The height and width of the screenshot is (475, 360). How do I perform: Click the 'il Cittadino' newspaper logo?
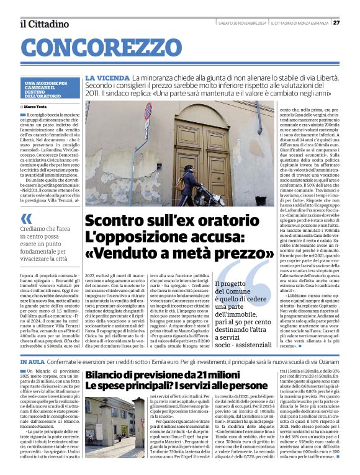pos(44,24)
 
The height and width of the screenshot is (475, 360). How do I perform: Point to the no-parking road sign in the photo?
pos(148,112)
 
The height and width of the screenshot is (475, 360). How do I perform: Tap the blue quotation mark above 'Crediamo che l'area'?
pos(27,218)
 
